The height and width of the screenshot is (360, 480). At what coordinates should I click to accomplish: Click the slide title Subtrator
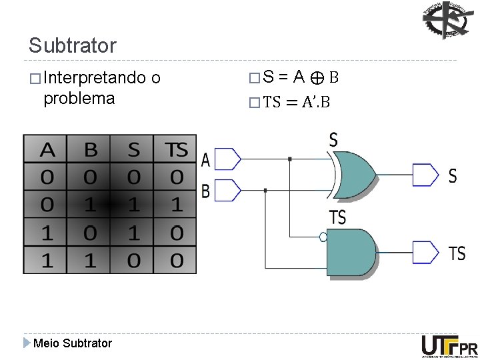(72, 46)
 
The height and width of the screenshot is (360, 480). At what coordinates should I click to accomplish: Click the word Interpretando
(93, 79)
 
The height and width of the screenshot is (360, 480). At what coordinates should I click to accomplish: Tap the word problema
(79, 99)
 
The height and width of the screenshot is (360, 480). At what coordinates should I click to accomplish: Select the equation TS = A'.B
(297, 101)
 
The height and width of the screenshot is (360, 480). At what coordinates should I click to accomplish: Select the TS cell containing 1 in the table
(176, 204)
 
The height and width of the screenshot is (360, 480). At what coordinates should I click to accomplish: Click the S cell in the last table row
(133, 260)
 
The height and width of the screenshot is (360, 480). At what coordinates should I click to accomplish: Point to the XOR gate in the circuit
(353, 173)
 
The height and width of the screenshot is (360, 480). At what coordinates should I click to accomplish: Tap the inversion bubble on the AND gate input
(323, 237)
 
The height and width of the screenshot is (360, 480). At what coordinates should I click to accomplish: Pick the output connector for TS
(425, 251)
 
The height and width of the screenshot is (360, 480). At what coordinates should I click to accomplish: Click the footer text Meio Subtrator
(72, 343)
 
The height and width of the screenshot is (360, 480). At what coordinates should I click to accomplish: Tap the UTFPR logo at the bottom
(449, 346)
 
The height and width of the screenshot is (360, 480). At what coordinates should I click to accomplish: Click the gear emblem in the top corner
(446, 20)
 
